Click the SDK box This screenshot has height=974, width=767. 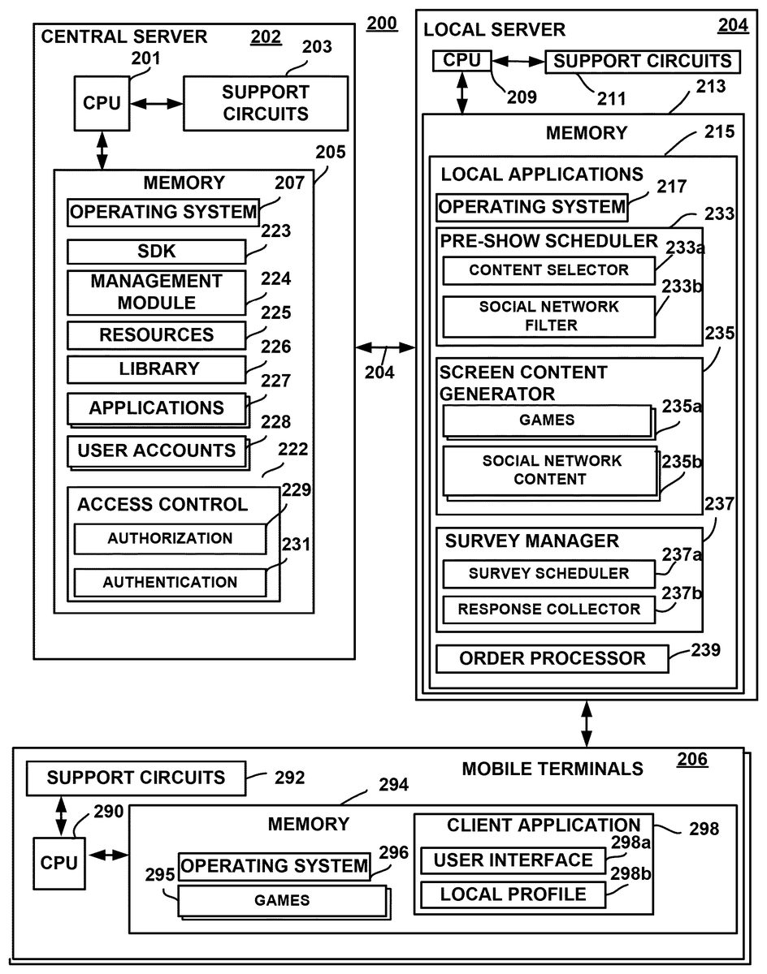click(156, 252)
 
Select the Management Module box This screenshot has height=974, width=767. click(156, 292)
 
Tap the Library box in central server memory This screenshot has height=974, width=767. click(156, 369)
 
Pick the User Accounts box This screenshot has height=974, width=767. click(156, 450)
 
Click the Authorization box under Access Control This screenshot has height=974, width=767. click(170, 538)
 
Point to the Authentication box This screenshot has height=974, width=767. click(170, 582)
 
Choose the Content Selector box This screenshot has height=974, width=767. click(548, 270)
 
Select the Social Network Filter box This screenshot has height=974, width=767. click(548, 317)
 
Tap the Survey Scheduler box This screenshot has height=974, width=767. click(548, 573)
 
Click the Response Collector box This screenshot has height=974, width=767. click(548, 609)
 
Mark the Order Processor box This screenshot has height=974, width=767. click(552, 658)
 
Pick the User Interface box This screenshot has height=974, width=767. click(513, 860)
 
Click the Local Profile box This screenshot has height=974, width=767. click(513, 894)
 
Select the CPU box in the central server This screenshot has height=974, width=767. click(102, 103)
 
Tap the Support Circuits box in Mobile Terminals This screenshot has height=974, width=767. click(136, 778)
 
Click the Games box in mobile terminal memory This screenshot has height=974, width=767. click(282, 900)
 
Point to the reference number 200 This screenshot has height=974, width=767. click(382, 23)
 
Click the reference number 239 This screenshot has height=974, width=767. click(705, 649)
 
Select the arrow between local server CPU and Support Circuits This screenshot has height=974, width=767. click(517, 61)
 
